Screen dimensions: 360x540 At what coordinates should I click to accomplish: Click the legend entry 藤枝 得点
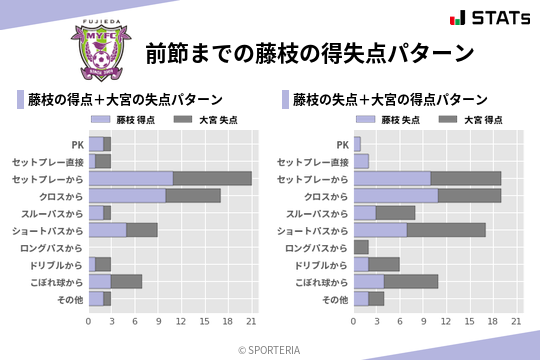coord(126,120)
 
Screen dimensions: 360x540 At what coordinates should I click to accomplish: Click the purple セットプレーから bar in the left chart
coord(131,178)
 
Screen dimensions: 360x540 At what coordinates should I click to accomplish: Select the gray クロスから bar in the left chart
coord(193,195)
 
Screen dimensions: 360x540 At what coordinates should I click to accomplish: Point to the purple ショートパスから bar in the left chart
coord(107,230)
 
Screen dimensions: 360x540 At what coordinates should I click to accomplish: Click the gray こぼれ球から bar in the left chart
coord(127,281)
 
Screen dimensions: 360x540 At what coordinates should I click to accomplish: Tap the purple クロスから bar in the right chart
coord(396,195)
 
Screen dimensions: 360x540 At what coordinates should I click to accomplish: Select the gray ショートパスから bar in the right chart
coord(446,230)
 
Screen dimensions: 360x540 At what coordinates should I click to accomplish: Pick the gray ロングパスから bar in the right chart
coord(361,247)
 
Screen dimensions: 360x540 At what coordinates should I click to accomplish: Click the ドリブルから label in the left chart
coord(56,265)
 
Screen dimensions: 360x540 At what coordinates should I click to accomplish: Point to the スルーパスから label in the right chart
coord(317,213)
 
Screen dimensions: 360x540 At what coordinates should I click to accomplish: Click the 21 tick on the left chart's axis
coord(251,321)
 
